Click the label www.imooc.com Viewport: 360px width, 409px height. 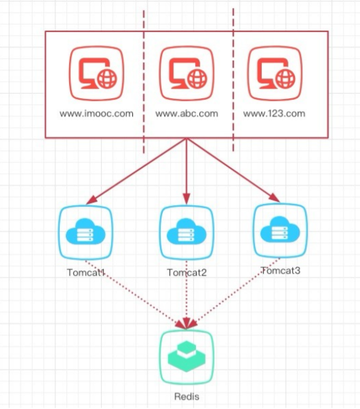96,114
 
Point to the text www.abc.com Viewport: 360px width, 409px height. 187,114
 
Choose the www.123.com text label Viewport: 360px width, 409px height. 274,114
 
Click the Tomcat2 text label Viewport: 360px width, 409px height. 187,273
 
